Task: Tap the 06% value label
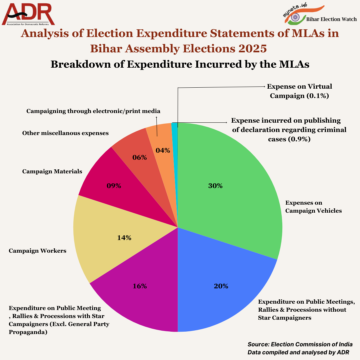[x=140, y=157]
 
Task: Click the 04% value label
[x=163, y=150]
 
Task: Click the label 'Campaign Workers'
[x=37, y=251]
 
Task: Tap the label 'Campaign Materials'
[x=52, y=171]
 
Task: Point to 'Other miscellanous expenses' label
[x=65, y=133]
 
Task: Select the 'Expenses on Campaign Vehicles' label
[x=313, y=207]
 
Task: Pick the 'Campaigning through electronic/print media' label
[x=93, y=111]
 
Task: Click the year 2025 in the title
[x=252, y=49]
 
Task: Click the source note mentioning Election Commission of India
[x=300, y=344]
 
